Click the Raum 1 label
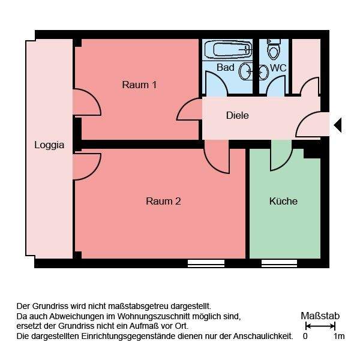[139, 85]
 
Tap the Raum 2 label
[163, 201]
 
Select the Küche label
[283, 201]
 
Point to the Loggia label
[49, 145]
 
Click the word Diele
[237, 115]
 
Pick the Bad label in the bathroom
[225, 68]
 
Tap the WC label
[278, 68]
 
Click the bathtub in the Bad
[228, 49]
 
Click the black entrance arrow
[337, 125]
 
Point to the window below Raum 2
[206, 263]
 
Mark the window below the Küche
[279, 263]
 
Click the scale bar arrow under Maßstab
[320, 326]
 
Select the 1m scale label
[339, 337]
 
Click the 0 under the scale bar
[305, 337]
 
